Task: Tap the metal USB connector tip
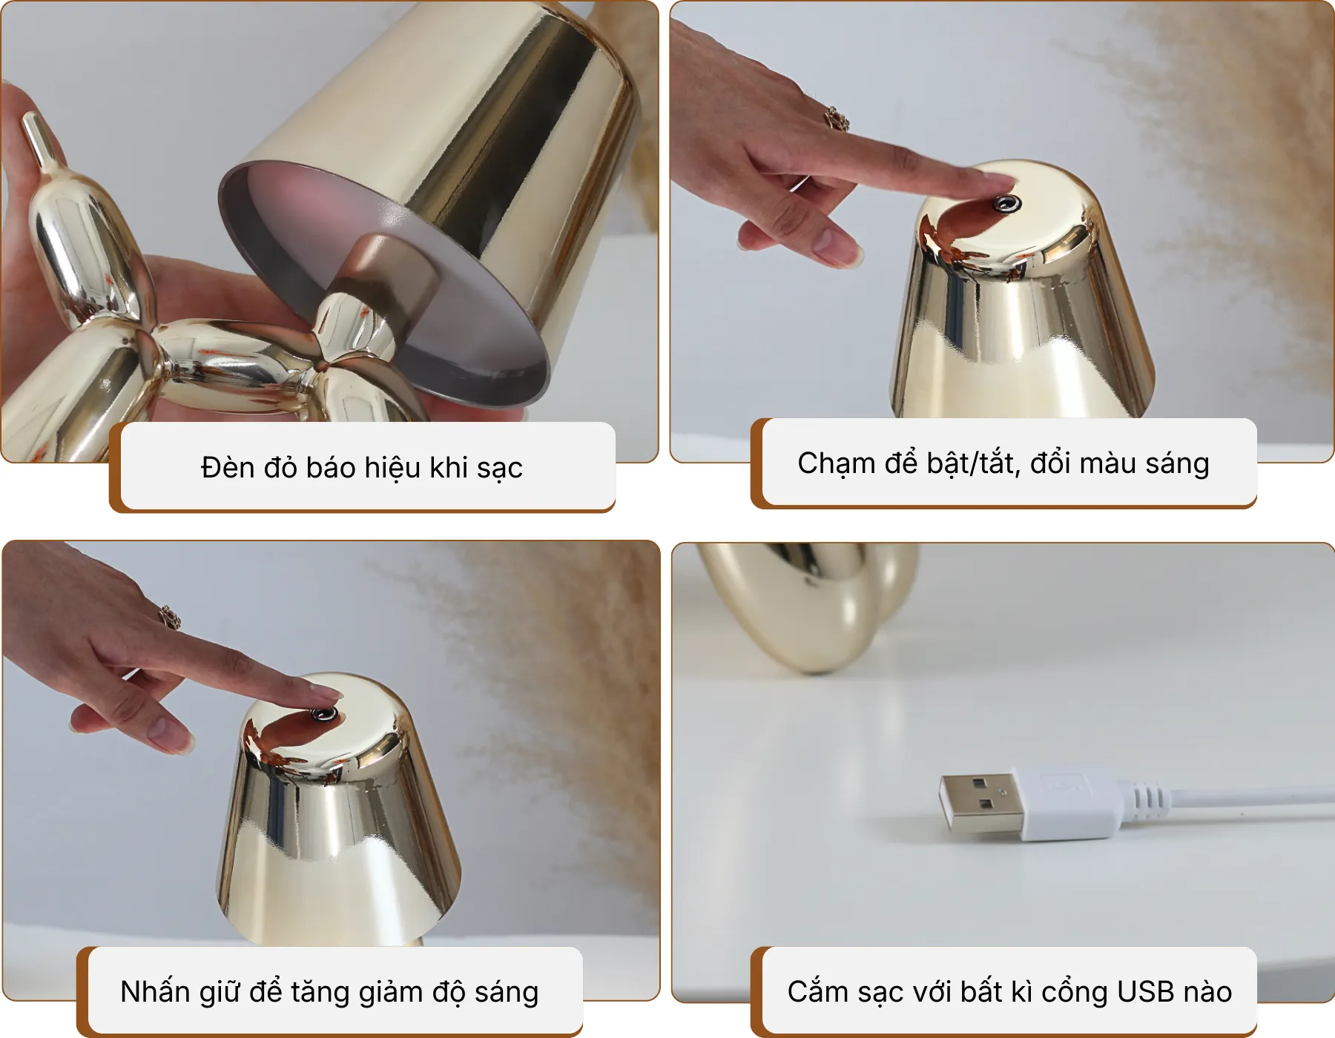pyautogui.click(x=980, y=804)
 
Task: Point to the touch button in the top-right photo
pyautogui.click(x=1006, y=203)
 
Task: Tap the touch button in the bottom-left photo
pyautogui.click(x=323, y=714)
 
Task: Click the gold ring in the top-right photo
pyautogui.click(x=837, y=119)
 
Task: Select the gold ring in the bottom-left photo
pyautogui.click(x=170, y=617)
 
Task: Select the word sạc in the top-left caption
pyautogui.click(x=499, y=468)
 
